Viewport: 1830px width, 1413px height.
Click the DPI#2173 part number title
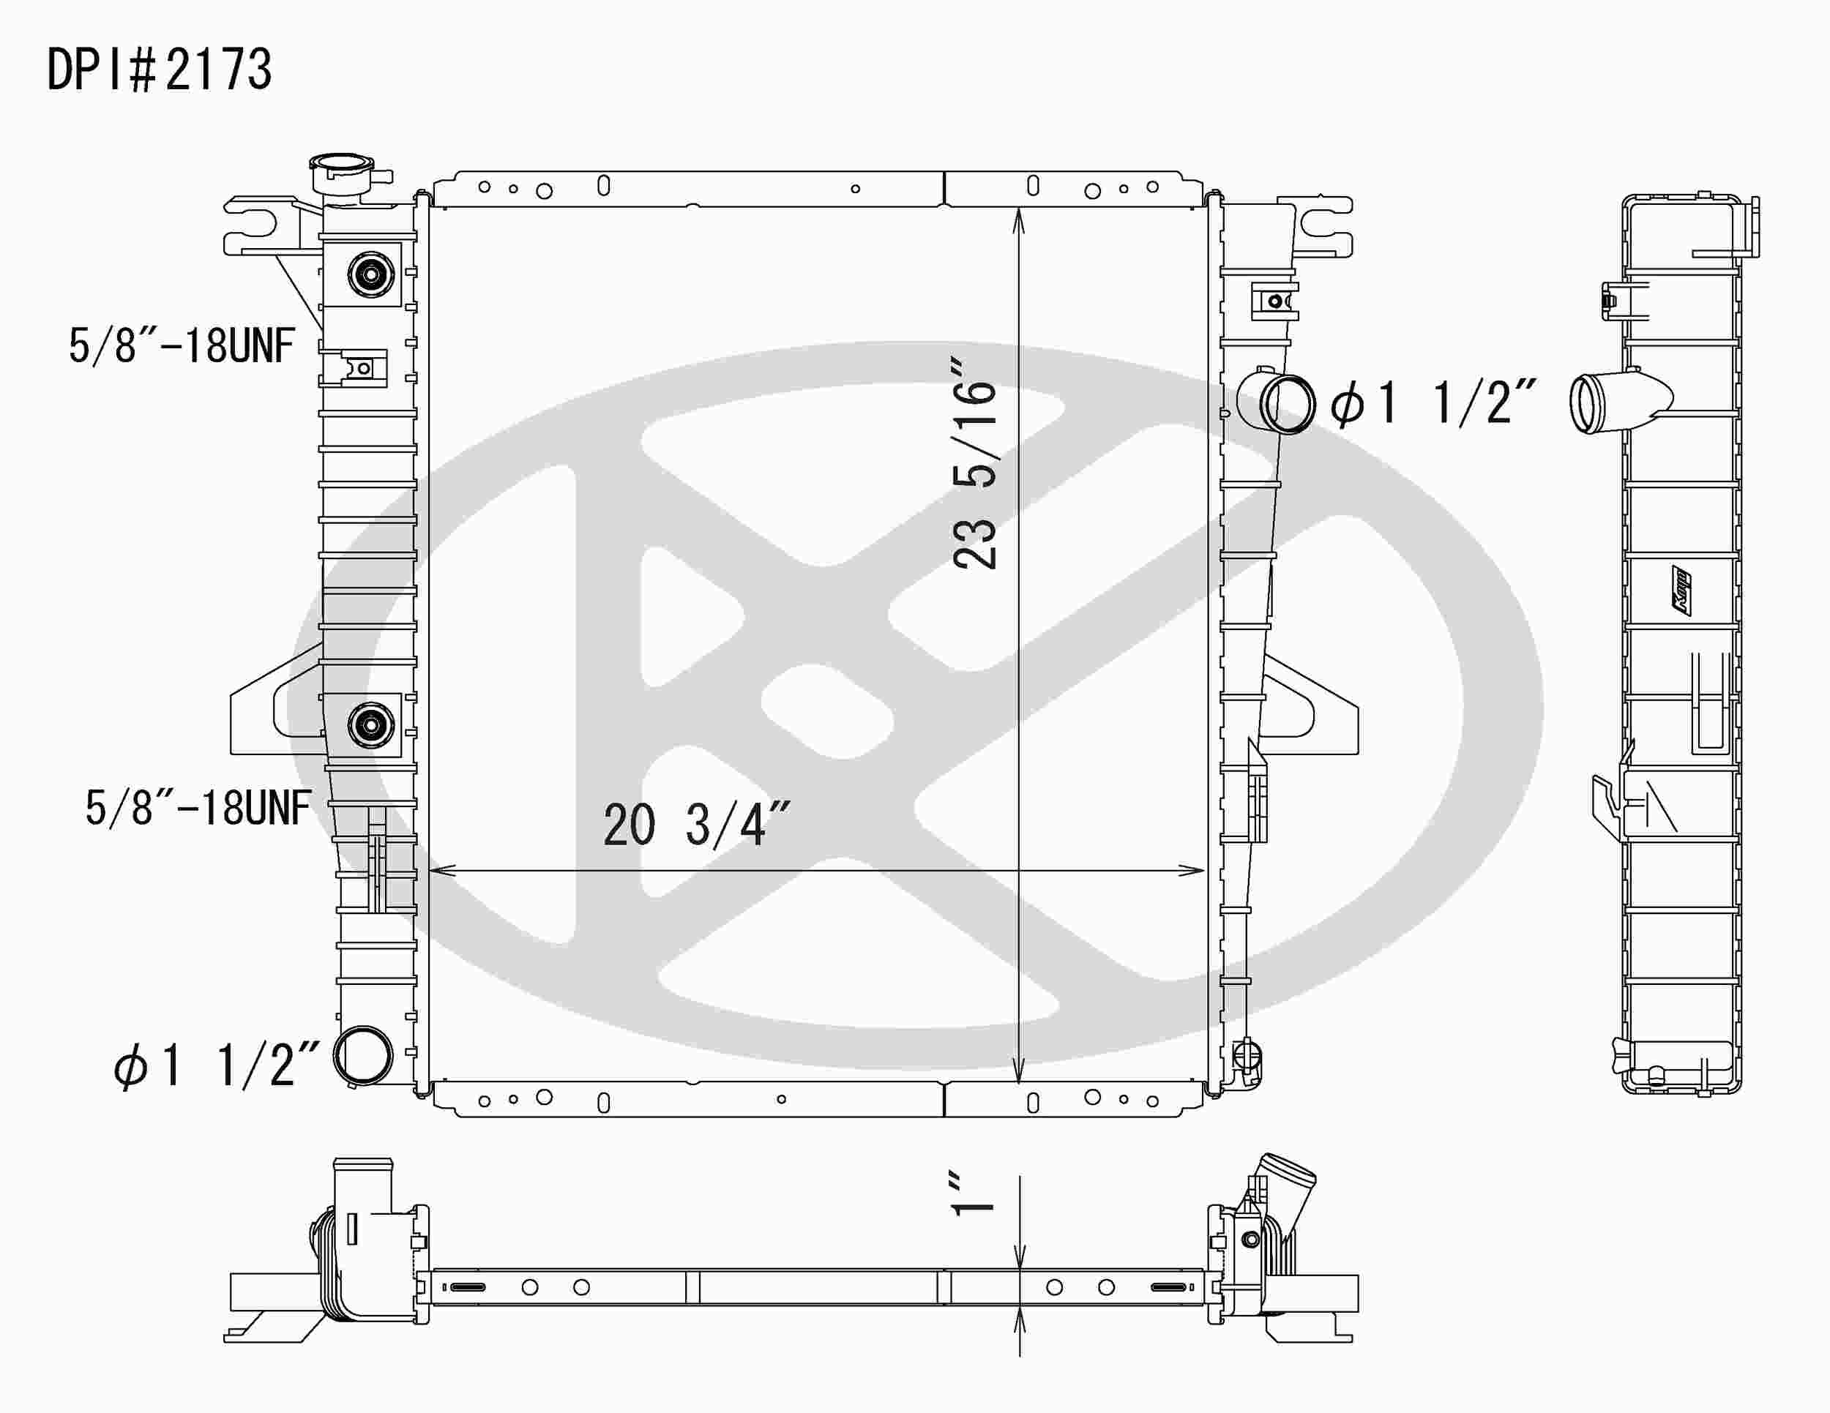coord(159,70)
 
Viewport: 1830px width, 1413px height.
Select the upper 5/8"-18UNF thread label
coord(182,345)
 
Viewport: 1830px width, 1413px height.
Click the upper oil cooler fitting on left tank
coord(371,273)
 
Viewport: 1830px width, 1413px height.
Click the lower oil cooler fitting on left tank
coord(371,724)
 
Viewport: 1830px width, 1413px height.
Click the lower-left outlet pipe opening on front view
coord(363,1056)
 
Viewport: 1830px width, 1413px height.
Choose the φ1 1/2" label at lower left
coord(217,1065)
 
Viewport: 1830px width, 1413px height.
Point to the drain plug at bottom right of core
coord(1247,1054)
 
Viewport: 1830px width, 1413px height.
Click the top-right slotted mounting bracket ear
coord(1324,225)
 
